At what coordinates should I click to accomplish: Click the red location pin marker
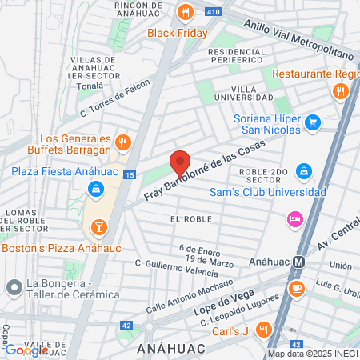click(181, 162)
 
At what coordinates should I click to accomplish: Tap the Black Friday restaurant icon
click(186, 12)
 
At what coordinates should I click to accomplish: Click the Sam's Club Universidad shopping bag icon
click(303, 171)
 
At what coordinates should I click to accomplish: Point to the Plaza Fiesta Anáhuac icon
click(95, 189)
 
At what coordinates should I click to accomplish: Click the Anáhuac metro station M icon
click(297, 261)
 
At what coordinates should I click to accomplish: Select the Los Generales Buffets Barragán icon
click(122, 142)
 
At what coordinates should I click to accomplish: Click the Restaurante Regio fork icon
click(341, 91)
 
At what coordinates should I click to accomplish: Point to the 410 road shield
click(214, 12)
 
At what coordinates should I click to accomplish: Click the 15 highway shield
click(130, 174)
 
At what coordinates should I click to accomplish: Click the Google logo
click(27, 350)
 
